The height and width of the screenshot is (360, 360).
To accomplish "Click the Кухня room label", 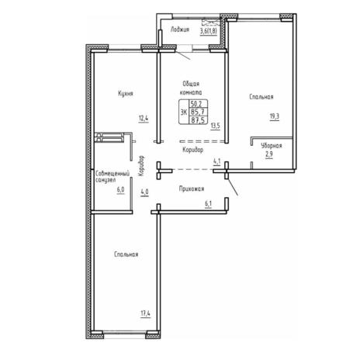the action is [126, 93].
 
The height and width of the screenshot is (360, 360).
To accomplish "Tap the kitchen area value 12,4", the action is [144, 119].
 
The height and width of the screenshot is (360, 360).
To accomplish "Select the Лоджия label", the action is [180, 29].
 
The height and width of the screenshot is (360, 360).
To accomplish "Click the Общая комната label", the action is [191, 88].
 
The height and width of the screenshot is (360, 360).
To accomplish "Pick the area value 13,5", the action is [215, 126].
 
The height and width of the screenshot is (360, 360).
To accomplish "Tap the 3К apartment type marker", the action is [183, 112].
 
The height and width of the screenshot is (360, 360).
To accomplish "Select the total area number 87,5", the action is [198, 120].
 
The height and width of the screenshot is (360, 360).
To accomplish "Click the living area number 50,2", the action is [198, 104].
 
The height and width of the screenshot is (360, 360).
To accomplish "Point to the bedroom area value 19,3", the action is [275, 116].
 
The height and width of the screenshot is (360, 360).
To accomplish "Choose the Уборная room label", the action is [272, 146].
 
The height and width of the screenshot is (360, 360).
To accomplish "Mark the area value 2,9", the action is [269, 154].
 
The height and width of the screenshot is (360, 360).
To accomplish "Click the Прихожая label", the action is [192, 189].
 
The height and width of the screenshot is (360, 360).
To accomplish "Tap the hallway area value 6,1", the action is [209, 204].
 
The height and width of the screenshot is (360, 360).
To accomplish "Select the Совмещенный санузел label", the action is [112, 177].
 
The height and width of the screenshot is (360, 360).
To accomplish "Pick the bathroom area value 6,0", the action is [120, 189].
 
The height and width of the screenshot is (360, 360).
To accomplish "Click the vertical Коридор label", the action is [142, 166].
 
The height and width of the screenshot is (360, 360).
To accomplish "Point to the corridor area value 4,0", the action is [144, 192].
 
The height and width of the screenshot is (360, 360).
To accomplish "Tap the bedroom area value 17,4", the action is [146, 313].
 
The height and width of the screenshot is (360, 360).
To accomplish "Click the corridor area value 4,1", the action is [216, 161].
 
